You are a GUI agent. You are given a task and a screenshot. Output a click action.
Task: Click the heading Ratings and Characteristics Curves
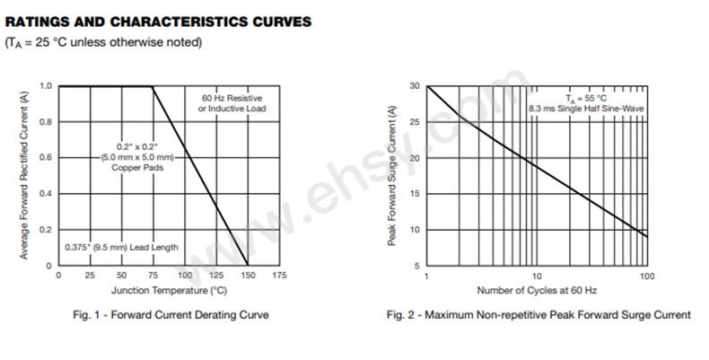(x=160, y=21)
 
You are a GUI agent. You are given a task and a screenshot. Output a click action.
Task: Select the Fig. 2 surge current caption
(x=538, y=315)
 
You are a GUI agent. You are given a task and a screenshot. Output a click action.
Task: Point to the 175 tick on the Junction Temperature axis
(x=279, y=275)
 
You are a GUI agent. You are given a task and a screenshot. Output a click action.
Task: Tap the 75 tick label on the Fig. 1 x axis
(x=153, y=275)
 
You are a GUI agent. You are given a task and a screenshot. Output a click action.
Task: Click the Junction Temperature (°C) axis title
(x=168, y=291)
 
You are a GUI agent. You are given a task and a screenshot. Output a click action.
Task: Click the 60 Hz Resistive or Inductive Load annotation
(x=232, y=103)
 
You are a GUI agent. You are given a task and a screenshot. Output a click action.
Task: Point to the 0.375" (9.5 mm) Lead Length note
(x=121, y=247)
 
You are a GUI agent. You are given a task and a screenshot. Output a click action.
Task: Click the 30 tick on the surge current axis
(x=415, y=86)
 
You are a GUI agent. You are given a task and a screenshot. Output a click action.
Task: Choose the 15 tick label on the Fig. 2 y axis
(x=415, y=194)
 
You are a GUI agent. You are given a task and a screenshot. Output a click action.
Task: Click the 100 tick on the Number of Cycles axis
(x=647, y=275)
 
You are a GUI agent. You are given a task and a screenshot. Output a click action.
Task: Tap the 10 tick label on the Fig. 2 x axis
(x=537, y=275)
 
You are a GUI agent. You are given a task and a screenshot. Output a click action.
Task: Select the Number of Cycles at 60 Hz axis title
(x=537, y=291)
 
